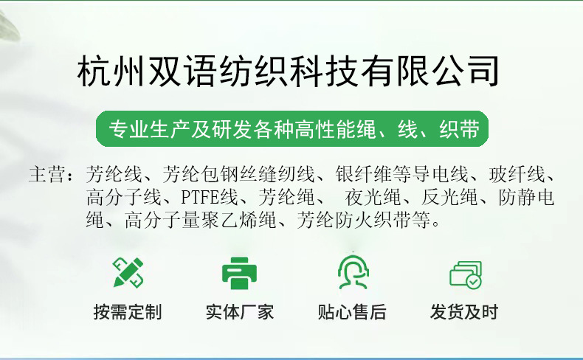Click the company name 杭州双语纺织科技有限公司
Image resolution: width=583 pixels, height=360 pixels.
[x=289, y=73]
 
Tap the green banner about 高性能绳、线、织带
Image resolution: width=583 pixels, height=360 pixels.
[x=293, y=130]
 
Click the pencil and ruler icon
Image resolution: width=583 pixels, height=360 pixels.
[x=128, y=272]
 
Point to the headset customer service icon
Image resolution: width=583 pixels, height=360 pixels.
[x=352, y=272]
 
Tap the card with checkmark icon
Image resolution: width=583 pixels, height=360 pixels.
[x=465, y=274]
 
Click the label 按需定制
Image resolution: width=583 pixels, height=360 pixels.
[x=128, y=312]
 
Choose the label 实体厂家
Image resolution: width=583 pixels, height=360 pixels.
[x=240, y=312]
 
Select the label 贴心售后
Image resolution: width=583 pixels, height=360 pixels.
[x=352, y=312]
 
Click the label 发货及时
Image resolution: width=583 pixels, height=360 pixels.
[x=464, y=312]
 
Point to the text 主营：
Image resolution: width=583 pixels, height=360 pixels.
[x=52, y=176]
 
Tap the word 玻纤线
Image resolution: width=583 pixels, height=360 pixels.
[x=516, y=176]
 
